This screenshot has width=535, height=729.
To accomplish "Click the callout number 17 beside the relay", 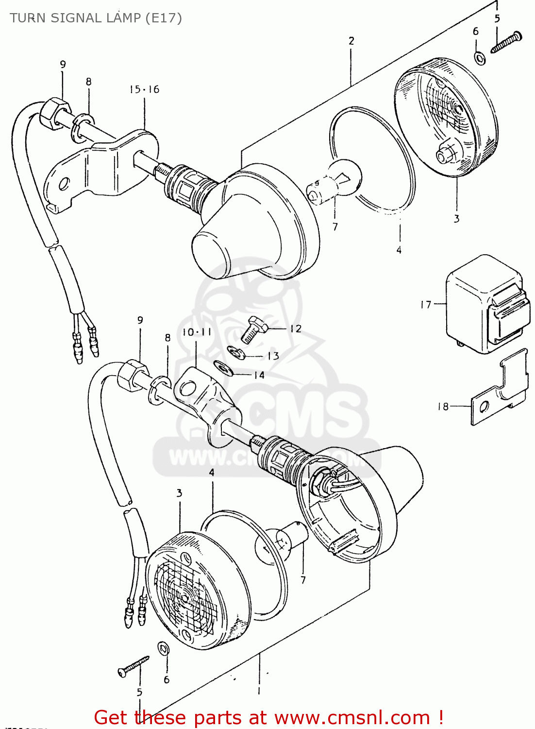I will click(425, 305).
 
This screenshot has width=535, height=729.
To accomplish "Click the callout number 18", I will click(443, 406).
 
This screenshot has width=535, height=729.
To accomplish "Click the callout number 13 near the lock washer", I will click(273, 356).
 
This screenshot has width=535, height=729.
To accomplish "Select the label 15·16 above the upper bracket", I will click(144, 89).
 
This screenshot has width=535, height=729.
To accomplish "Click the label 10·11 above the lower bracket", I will click(197, 332).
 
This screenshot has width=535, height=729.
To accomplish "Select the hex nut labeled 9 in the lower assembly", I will click(130, 374).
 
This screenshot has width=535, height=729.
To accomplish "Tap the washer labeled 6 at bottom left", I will click(164, 648).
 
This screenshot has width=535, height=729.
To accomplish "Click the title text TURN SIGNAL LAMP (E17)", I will click(96, 18).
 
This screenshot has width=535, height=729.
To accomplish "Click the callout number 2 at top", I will click(351, 41).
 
